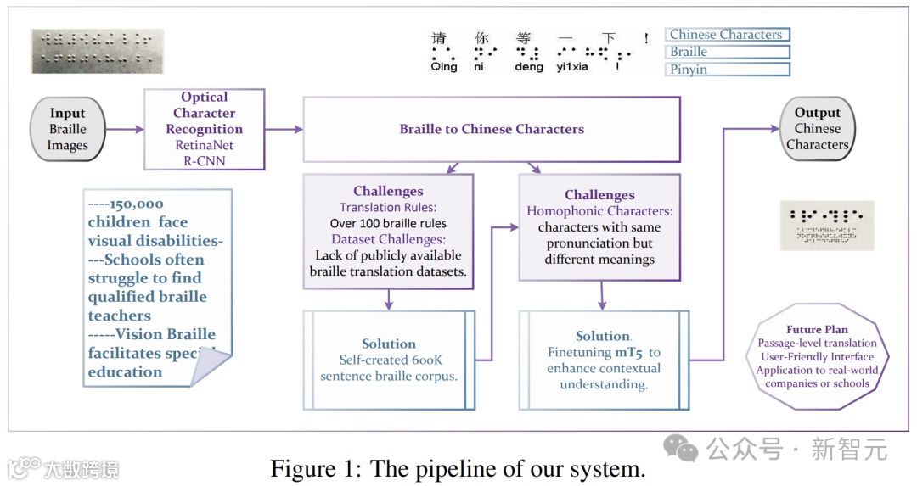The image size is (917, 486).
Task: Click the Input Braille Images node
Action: (x=68, y=129)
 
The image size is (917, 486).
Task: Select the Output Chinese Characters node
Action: (x=817, y=129)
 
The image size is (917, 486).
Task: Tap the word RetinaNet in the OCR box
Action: (x=205, y=145)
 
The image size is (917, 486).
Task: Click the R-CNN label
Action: (x=205, y=160)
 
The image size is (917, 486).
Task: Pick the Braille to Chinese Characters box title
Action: (x=492, y=130)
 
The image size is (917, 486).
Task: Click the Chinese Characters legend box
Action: (x=727, y=35)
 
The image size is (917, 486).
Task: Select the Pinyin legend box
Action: (x=727, y=70)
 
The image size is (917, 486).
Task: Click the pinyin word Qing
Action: (x=443, y=66)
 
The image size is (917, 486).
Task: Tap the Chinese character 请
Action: (x=439, y=38)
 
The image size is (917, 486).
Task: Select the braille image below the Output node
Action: (x=827, y=225)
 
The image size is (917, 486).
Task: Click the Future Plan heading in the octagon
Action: (x=817, y=329)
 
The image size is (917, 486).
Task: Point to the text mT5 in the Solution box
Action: (x=630, y=352)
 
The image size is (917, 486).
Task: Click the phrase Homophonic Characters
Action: (x=599, y=211)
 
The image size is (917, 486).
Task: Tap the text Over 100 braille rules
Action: (x=388, y=223)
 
